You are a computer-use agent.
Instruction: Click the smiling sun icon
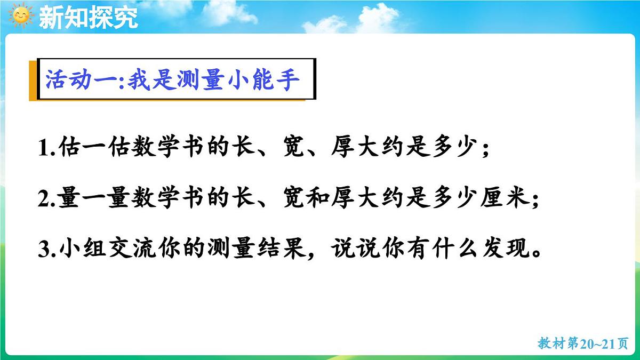[x=21, y=16]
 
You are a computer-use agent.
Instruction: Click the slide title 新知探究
[x=89, y=18]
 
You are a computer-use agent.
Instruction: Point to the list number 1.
[x=44, y=148]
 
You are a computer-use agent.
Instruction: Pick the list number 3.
[x=44, y=250]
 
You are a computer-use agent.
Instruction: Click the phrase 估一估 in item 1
[x=93, y=148]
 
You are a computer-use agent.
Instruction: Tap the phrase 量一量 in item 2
[x=93, y=198]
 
